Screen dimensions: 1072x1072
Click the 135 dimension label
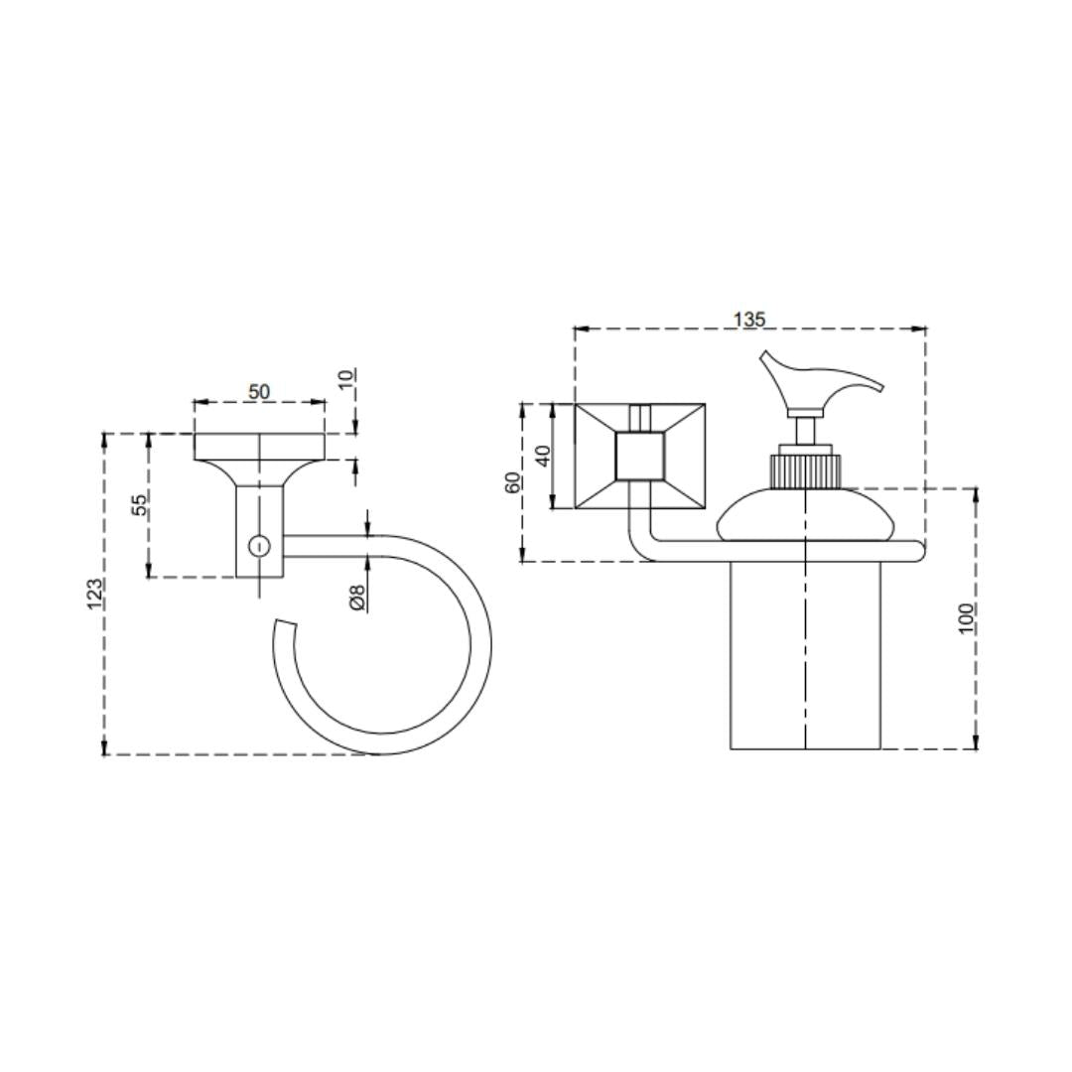pos(750,319)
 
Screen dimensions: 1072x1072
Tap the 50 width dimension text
pos(259,392)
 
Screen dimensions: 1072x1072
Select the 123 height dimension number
pos(95,594)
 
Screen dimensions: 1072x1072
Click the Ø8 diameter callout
pos(357,597)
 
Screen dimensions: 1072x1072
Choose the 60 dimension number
pos(512,482)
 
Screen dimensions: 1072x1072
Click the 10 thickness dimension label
pos(347,378)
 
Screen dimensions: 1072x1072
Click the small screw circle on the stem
pos(258,546)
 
